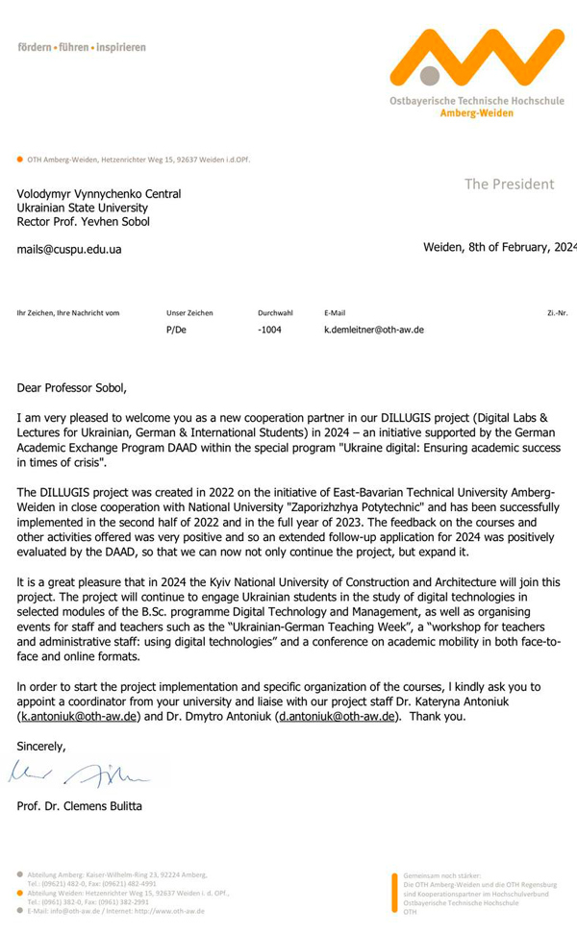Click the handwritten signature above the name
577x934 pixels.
click(87, 772)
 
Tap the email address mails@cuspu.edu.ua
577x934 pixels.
click(69, 249)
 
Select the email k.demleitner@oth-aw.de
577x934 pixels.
click(374, 330)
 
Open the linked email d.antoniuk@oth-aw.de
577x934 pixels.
click(336, 718)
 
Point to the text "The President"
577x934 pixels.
click(509, 184)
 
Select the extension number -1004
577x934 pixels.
click(269, 330)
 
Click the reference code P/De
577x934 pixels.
click(176, 330)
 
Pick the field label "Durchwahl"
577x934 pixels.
click(275, 312)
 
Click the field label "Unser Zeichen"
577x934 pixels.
click(189, 312)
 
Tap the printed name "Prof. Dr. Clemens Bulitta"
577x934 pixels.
click(80, 805)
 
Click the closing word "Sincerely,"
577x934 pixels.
click(41, 746)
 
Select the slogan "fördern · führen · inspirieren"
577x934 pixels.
click(82, 47)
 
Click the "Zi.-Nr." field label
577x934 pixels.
click(557, 312)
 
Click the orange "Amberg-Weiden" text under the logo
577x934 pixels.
click(476, 112)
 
